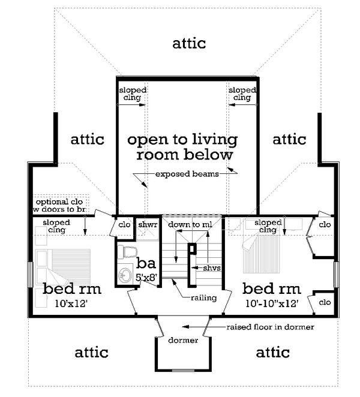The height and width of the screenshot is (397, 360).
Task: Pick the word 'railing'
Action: click(x=204, y=297)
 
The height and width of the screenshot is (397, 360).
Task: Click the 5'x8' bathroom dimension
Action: click(x=146, y=278)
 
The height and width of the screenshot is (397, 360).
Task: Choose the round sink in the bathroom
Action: click(x=125, y=275)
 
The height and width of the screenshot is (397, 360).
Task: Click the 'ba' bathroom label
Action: click(x=145, y=263)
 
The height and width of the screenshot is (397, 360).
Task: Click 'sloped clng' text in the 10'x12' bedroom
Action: click(x=56, y=225)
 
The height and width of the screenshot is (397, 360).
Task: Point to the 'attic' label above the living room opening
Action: click(x=189, y=43)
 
